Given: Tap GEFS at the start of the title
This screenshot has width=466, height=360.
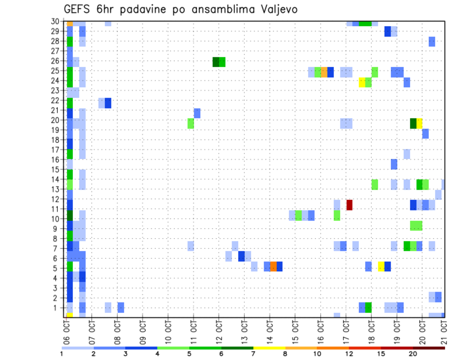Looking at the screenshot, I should (77, 10).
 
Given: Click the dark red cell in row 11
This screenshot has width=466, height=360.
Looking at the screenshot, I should (349, 205).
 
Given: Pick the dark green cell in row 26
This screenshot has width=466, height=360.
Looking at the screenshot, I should (216, 62).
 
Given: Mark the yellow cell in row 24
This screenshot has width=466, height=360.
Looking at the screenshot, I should (362, 82).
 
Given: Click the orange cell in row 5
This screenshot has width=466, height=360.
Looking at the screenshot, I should (273, 266).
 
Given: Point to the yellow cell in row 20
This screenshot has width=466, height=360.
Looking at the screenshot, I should (419, 123).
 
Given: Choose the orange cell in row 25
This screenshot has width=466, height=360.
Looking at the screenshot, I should (324, 72).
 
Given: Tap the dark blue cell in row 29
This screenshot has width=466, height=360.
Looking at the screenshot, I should (387, 31).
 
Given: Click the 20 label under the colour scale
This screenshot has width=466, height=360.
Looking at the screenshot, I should (413, 353).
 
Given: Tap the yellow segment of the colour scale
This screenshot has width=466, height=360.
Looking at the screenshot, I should (269, 347).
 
